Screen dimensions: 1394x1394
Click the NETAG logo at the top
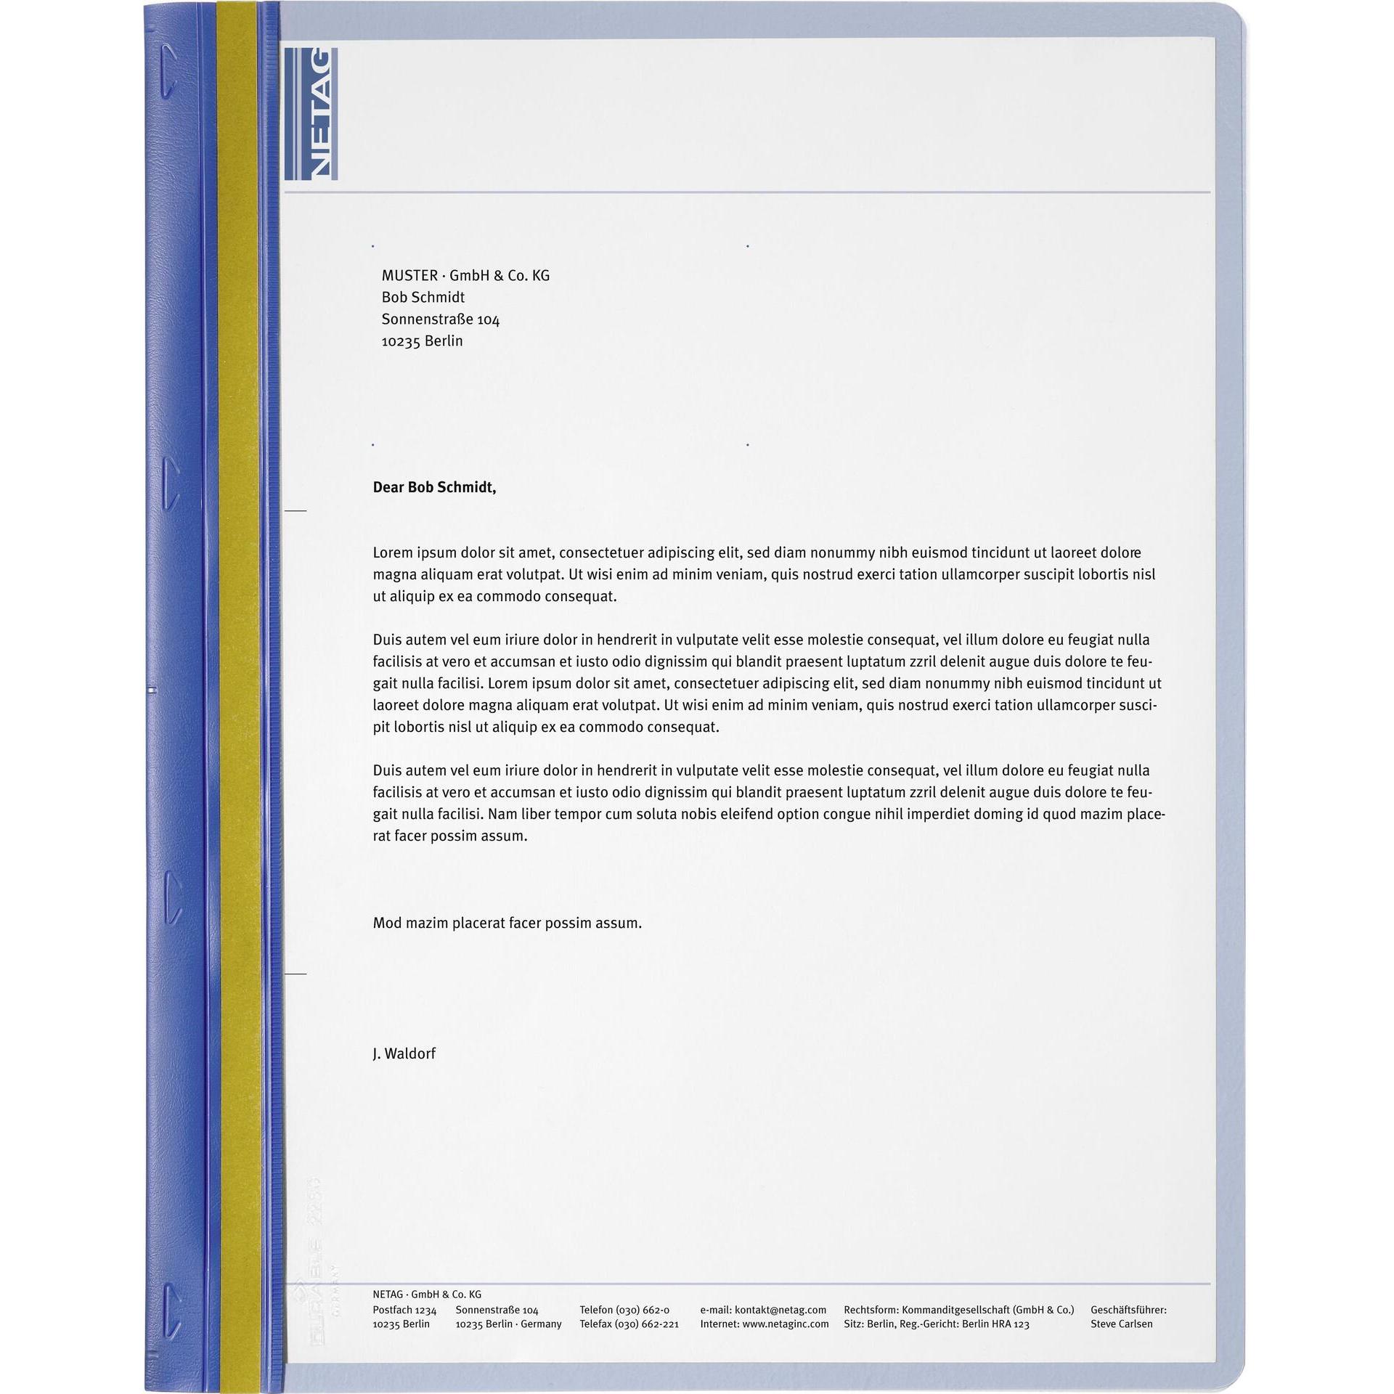pos(311,113)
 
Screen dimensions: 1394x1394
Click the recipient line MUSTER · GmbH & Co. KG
pos(465,276)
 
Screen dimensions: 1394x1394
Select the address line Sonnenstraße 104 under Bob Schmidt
pos(440,319)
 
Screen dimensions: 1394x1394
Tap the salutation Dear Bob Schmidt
pos(434,487)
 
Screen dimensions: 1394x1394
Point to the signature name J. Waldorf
pos(404,1053)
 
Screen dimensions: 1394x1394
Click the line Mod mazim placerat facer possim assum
pos(507,923)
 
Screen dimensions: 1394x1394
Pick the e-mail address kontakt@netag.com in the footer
pos(780,1310)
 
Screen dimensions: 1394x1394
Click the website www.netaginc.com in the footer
pos(785,1324)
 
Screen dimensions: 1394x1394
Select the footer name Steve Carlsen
pos(1121,1324)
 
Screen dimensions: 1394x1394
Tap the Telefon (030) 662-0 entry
pos(624,1310)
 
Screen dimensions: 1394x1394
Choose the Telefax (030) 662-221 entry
pos(629,1324)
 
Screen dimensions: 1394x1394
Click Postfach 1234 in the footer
pos(404,1310)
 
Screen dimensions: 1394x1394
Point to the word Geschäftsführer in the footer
pos(1128,1310)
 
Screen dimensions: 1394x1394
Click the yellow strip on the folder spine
pos(238,697)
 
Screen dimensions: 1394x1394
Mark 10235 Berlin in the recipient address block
pos(422,341)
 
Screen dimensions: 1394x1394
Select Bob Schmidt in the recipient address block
pos(423,298)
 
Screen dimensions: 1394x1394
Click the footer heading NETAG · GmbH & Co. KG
pos(427,1295)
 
